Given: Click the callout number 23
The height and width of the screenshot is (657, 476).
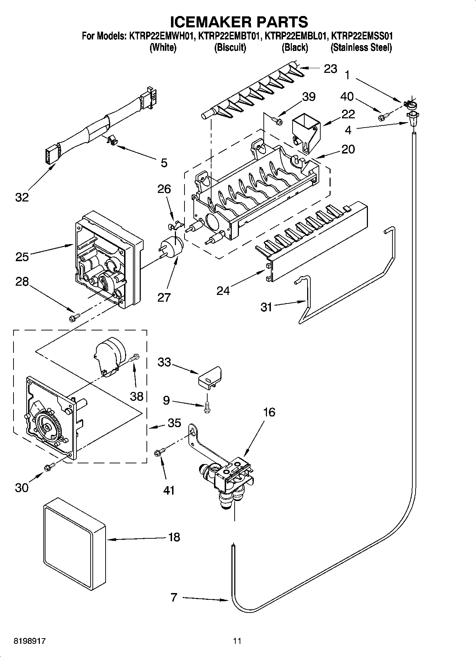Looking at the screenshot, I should click(x=330, y=69).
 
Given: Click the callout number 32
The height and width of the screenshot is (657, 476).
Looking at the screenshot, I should click(x=22, y=197).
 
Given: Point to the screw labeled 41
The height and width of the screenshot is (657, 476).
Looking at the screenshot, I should click(x=159, y=453).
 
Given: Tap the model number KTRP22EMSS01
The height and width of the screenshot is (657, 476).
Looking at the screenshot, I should click(x=361, y=36).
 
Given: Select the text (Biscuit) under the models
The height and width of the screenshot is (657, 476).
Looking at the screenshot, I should click(x=230, y=47).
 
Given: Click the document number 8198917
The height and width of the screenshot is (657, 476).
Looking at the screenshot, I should click(x=30, y=641).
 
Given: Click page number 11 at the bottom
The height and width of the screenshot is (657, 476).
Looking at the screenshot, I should click(x=237, y=641).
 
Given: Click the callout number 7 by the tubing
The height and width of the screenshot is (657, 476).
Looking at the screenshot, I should click(x=173, y=597).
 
